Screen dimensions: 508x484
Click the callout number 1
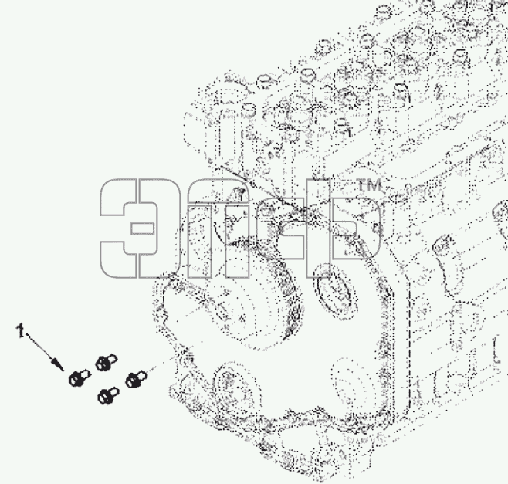(20, 331)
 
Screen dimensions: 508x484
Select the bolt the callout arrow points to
(80, 377)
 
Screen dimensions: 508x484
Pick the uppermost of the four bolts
(106, 363)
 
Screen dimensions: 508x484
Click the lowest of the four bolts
(108, 395)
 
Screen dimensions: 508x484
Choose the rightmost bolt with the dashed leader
(137, 379)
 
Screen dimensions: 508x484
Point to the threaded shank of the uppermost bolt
(113, 359)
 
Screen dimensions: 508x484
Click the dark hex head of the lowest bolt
(104, 398)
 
